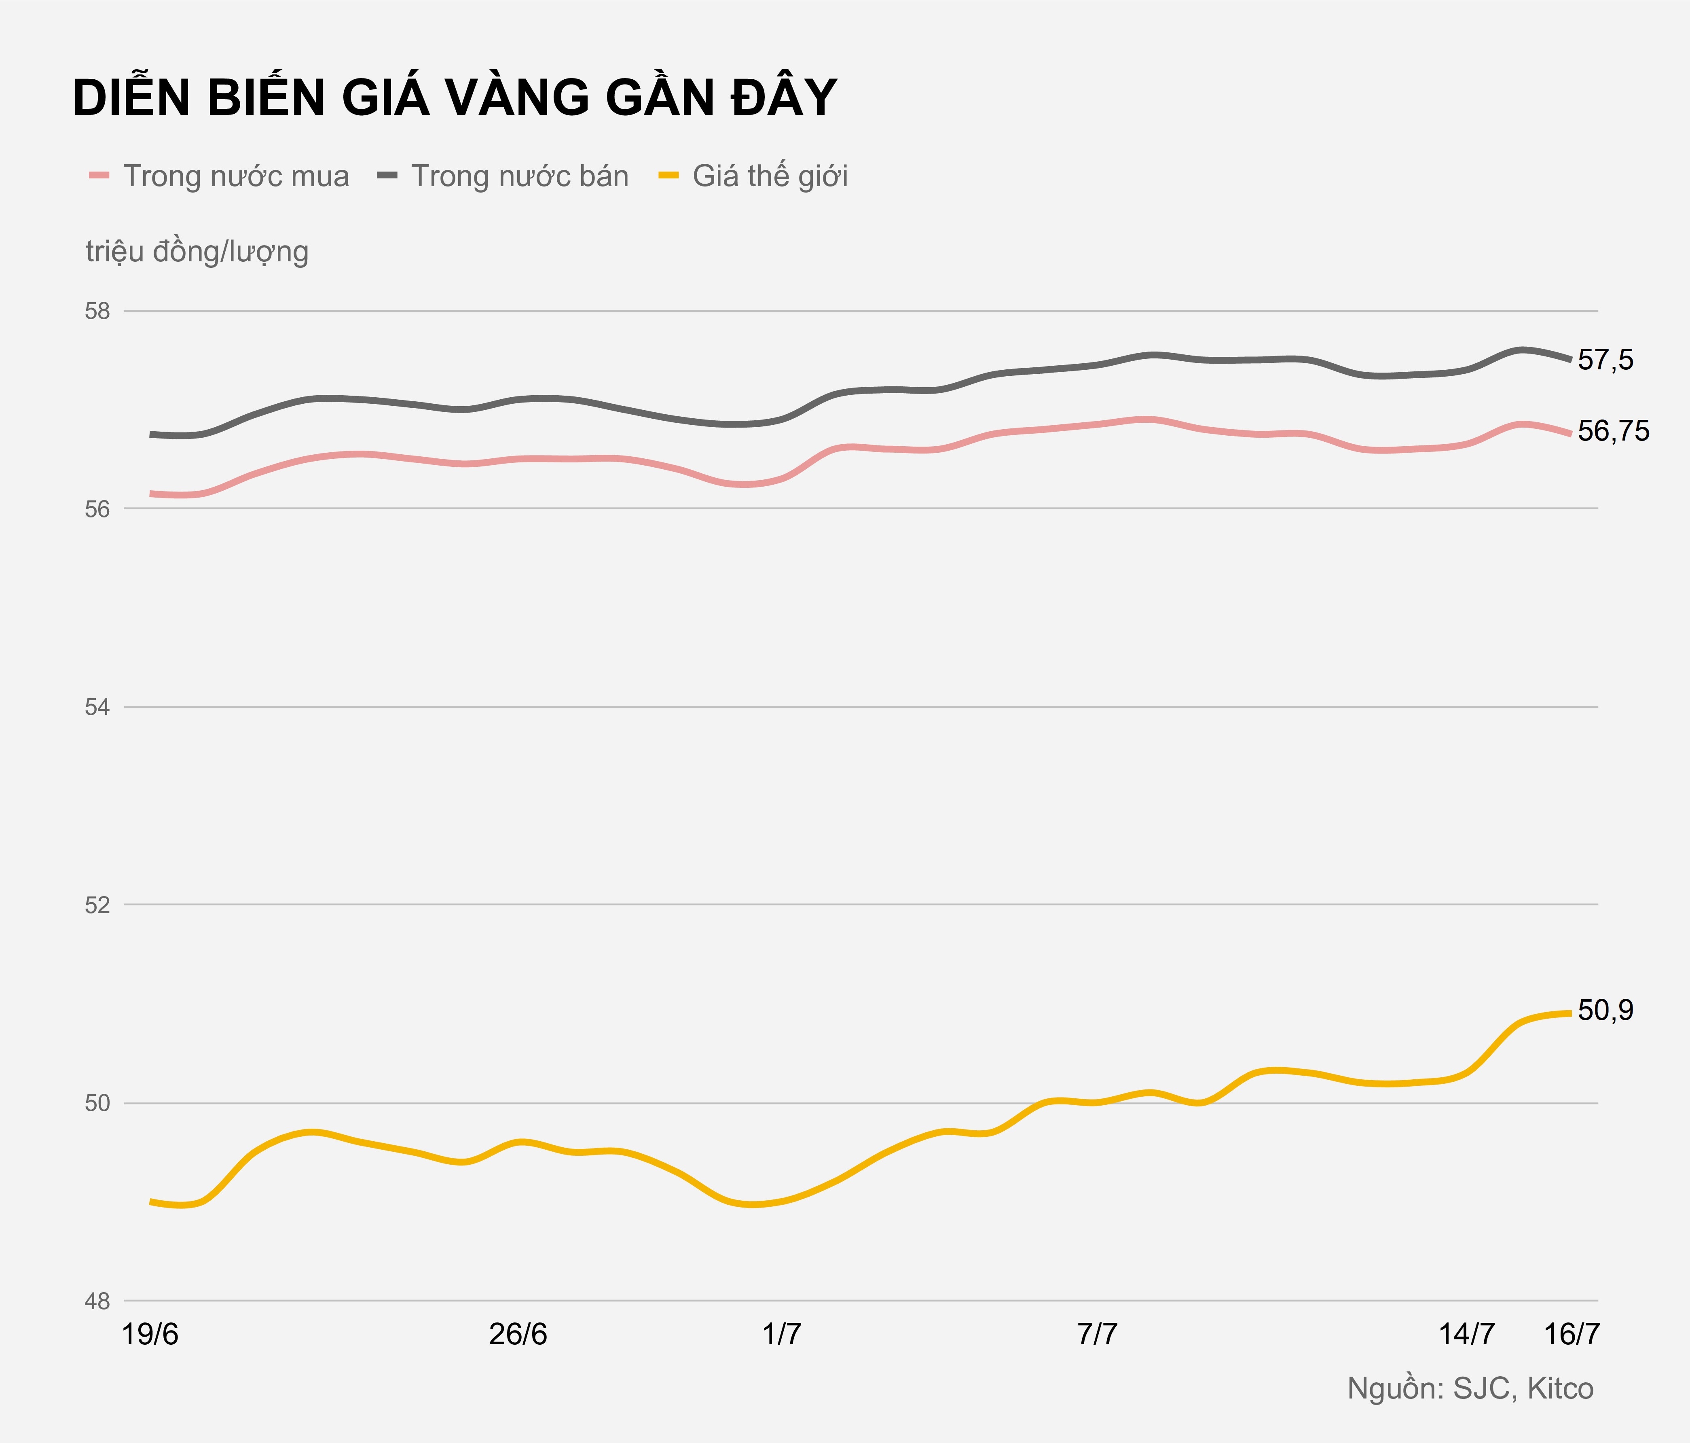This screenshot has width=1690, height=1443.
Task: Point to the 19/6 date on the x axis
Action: pyautogui.click(x=150, y=1335)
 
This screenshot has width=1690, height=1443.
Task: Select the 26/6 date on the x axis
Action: pyautogui.click(x=518, y=1335)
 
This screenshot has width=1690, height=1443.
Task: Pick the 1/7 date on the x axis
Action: pyautogui.click(x=781, y=1335)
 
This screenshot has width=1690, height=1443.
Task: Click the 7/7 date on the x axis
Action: pyautogui.click(x=1097, y=1335)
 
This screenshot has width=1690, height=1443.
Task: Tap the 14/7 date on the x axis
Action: pyautogui.click(x=1466, y=1335)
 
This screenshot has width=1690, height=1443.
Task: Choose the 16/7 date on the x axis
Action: pyautogui.click(x=1572, y=1335)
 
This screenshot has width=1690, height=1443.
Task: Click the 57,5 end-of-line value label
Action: pyautogui.click(x=1605, y=360)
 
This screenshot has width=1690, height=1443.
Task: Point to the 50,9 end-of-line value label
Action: pyautogui.click(x=1605, y=1011)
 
